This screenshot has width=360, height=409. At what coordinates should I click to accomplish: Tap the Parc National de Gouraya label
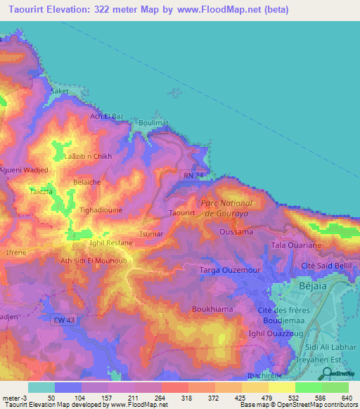tap(231, 207)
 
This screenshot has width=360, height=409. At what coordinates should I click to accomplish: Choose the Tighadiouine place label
tap(104, 210)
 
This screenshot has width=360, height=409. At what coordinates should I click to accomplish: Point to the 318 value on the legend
tap(186, 398)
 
